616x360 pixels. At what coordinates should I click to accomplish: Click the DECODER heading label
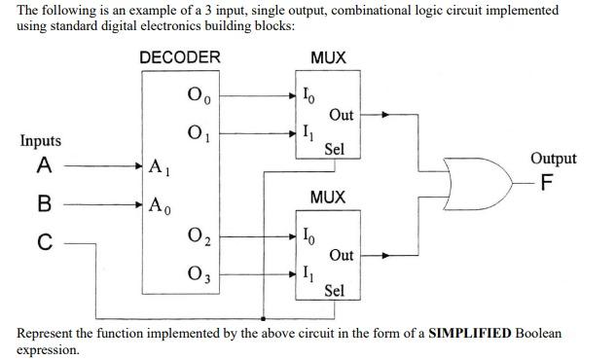180,57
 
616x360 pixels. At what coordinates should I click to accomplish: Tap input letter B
43,205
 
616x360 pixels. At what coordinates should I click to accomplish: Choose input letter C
43,243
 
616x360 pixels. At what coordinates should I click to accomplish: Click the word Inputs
40,141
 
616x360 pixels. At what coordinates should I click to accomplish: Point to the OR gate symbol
472,182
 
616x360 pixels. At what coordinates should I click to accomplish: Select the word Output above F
553,159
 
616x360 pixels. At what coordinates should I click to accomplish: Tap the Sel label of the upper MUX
335,150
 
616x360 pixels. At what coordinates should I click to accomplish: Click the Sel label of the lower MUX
335,290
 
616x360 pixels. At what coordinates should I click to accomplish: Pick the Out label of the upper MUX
342,115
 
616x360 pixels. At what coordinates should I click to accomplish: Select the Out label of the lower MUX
342,255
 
